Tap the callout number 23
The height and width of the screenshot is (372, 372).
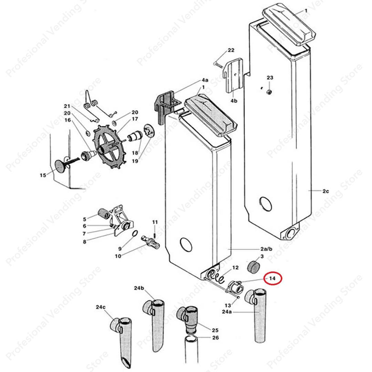270,78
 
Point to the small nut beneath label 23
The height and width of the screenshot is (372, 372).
270,91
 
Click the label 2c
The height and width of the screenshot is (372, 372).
326,191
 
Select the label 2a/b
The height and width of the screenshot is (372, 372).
266,249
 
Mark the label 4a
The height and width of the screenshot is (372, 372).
205,80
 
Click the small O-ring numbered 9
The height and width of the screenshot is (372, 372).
136,235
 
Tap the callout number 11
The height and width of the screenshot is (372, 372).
155,222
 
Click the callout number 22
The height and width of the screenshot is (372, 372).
230,50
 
